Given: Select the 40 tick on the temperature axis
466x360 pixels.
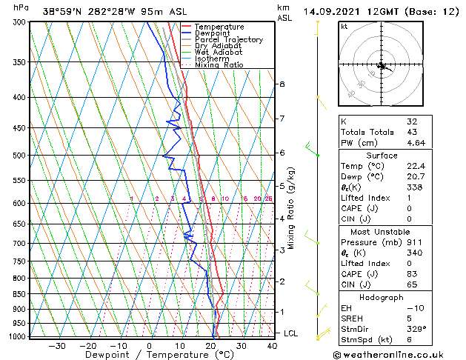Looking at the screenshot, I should tap(272, 346).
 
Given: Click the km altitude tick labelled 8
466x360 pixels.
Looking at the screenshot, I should tap(282, 84).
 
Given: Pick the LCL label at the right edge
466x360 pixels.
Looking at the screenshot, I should tap(292, 333).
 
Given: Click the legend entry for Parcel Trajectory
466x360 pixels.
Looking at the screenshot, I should tap(228, 39).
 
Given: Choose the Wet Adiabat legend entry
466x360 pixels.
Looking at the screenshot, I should tap(219, 52).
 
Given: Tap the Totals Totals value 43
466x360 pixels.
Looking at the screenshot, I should tap(412, 131).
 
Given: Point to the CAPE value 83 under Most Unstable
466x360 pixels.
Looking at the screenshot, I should tap(412, 274).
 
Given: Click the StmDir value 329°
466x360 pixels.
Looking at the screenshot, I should tap(415, 329).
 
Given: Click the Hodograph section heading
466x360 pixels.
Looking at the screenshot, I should tap(382, 296).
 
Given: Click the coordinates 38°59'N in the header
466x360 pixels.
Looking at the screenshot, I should tap(64, 11).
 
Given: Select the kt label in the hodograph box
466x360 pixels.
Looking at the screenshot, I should tap(344, 27).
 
